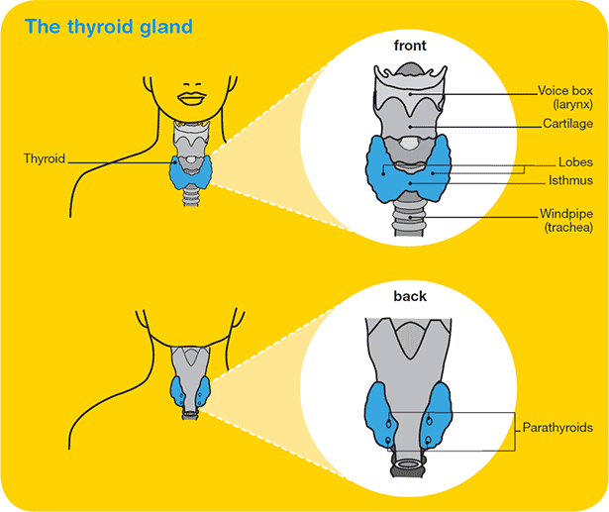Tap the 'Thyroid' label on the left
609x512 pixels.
click(x=45, y=157)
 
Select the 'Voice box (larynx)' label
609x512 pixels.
click(x=564, y=96)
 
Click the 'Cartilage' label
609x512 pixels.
click(x=567, y=125)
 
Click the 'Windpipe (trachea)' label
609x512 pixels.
click(x=565, y=220)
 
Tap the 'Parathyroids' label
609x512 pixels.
click(x=558, y=427)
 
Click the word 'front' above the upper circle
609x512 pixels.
click(x=411, y=46)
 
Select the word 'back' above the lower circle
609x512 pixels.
click(x=410, y=295)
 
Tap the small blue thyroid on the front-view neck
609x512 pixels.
click(x=191, y=171)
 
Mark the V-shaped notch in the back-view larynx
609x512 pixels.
click(x=410, y=342)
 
